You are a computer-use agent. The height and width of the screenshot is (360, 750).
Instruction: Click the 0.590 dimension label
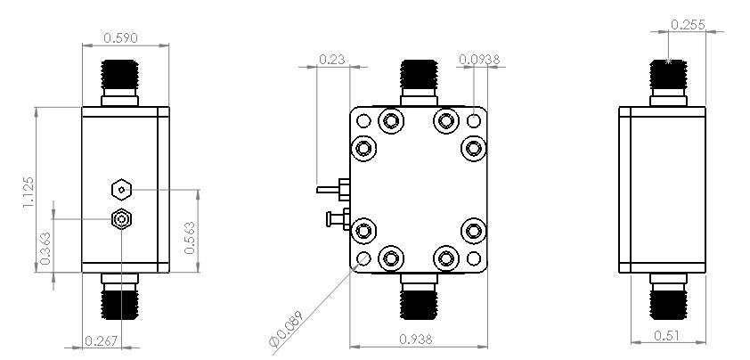120,38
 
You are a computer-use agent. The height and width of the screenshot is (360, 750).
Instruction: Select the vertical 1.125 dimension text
29,192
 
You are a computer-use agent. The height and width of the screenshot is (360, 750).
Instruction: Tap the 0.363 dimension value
45,250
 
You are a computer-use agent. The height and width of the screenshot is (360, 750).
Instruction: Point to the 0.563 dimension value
190,239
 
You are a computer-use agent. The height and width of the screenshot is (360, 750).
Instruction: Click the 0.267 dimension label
100,340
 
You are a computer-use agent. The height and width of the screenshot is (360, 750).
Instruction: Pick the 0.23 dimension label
332,60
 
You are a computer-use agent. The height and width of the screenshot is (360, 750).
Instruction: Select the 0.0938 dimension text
479,60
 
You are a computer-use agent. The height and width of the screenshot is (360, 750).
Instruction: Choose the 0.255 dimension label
688,26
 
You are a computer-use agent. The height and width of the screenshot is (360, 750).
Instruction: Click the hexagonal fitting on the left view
120,189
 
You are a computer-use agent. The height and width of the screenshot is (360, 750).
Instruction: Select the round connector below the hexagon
120,219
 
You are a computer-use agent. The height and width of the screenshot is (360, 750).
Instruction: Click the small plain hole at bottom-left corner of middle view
363,259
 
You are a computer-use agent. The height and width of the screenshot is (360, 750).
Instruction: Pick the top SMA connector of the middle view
417,80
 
